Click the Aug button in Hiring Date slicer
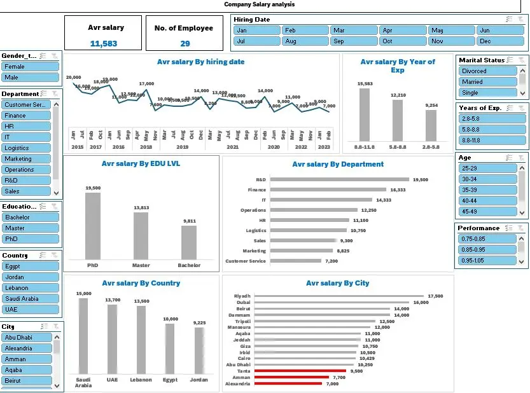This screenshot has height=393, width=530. coord(304,41)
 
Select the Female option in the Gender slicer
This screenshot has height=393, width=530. coord(30,66)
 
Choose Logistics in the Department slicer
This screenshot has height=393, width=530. coord(26,148)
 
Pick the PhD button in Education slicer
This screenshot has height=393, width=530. coord(30,239)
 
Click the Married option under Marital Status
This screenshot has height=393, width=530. coord(487,82)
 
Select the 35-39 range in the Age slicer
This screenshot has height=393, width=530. coord(487,190)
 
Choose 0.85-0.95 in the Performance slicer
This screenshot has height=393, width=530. coord(487,250)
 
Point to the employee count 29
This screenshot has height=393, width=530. coord(185,43)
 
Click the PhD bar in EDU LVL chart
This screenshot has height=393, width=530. coord(93,226)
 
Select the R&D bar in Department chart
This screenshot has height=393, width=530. coord(340,180)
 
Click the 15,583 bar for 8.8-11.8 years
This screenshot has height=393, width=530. coord(365,114)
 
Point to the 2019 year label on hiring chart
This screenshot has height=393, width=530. coord(183,147)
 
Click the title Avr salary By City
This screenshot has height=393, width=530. coord(337,284)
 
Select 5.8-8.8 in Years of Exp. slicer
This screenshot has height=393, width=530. coord(487,130)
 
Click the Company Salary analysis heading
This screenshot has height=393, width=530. coord(259,4)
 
